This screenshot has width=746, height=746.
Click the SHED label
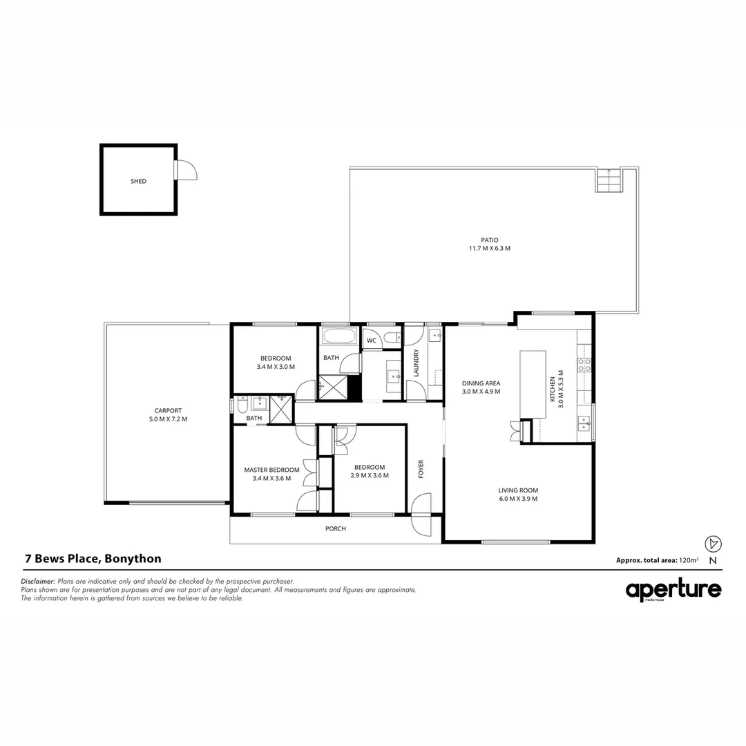tap(138, 181)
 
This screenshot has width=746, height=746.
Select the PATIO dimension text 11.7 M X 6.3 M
tap(490, 248)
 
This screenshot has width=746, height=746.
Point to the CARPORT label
tap(169, 410)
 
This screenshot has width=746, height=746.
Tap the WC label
tap(371, 341)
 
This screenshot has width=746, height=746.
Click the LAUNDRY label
tap(416, 362)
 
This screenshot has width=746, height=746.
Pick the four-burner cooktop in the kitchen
tap(584, 365)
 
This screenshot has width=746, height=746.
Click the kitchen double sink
tap(584, 422)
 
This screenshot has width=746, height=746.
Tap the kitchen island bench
tap(533, 384)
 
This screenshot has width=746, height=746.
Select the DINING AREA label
tap(481, 383)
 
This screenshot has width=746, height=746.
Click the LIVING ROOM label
tap(517, 490)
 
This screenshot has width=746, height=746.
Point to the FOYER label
tap(421, 468)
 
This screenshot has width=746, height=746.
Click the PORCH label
tap(336, 528)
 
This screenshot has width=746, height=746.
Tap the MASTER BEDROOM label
tap(271, 470)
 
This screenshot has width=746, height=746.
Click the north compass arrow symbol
tap(713, 544)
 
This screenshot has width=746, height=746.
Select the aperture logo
tap(673, 590)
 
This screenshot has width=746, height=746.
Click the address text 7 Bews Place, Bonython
tap(93, 559)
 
